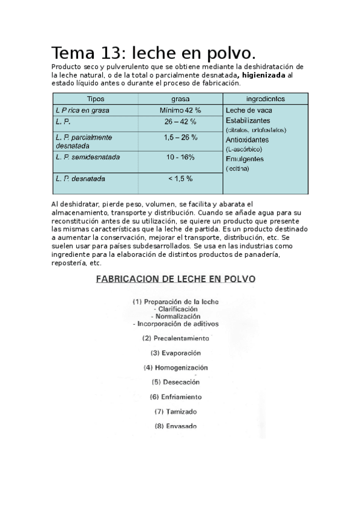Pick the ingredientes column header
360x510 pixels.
(x=266, y=99)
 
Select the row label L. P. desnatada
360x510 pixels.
(x=80, y=179)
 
